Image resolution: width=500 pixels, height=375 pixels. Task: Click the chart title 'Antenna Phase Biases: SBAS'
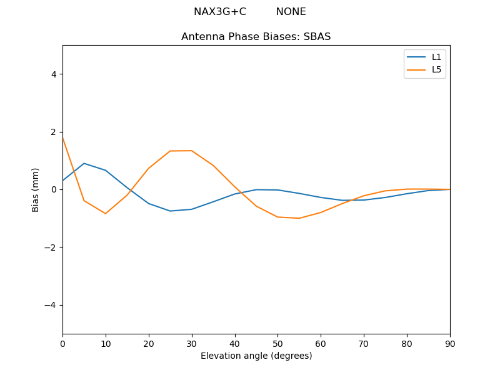[256, 37]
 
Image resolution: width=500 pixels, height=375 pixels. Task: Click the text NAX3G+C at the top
[219, 12]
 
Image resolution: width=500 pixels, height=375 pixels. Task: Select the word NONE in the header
[291, 12]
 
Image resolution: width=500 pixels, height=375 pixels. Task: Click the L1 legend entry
[436, 57]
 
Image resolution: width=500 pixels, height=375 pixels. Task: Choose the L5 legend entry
[436, 69]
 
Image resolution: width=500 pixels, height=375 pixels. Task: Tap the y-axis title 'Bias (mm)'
[36, 189]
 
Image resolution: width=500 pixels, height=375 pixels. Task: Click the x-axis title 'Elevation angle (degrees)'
[256, 356]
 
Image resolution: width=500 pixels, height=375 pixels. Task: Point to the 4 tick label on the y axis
[53, 74]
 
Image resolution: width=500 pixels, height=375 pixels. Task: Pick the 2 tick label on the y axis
[53, 132]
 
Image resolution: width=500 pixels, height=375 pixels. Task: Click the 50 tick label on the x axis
[277, 342]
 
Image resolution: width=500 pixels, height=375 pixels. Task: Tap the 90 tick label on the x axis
[449, 342]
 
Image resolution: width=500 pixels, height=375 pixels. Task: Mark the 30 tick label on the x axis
[191, 342]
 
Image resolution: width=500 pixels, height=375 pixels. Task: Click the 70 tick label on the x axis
[364, 342]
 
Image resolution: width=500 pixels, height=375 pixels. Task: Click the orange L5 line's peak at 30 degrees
[191, 151]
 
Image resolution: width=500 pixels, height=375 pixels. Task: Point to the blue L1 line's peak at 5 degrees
[84, 163]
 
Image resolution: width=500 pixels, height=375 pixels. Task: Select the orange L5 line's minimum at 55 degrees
[299, 218]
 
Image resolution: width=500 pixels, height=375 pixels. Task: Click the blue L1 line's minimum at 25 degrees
[170, 211]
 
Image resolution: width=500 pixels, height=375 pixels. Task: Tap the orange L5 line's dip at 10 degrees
[106, 214]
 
